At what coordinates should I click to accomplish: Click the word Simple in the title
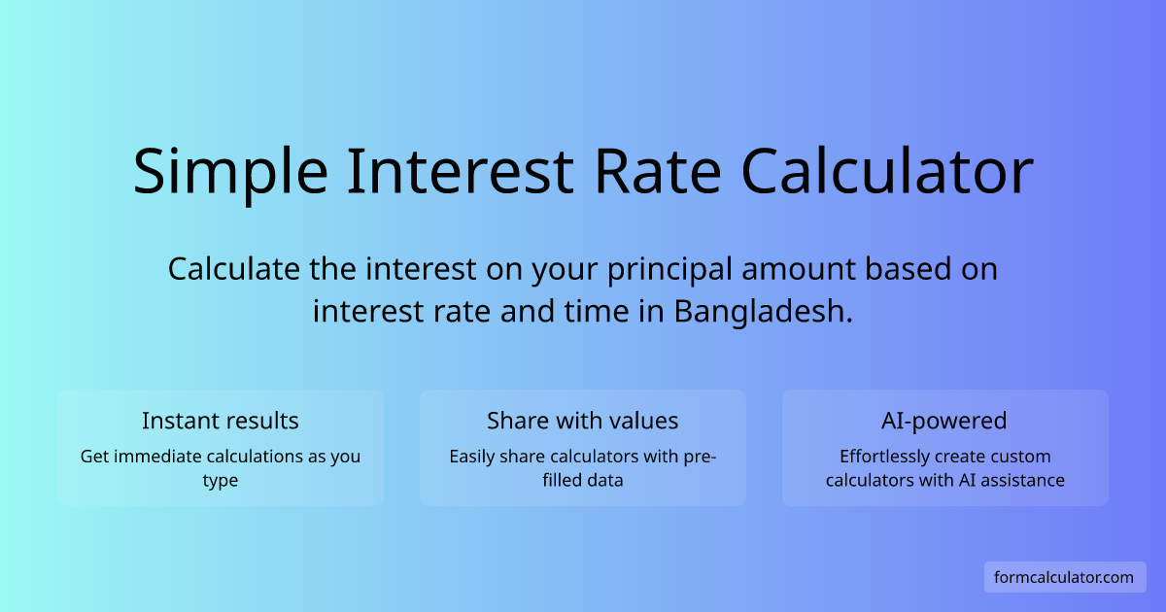point(231,173)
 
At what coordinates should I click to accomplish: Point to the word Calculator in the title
point(886,173)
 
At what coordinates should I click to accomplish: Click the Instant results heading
point(221,421)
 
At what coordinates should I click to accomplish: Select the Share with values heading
point(583,421)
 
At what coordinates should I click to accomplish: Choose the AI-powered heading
point(944,421)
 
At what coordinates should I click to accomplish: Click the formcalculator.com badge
point(1064,577)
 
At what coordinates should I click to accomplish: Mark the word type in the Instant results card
point(221,481)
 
